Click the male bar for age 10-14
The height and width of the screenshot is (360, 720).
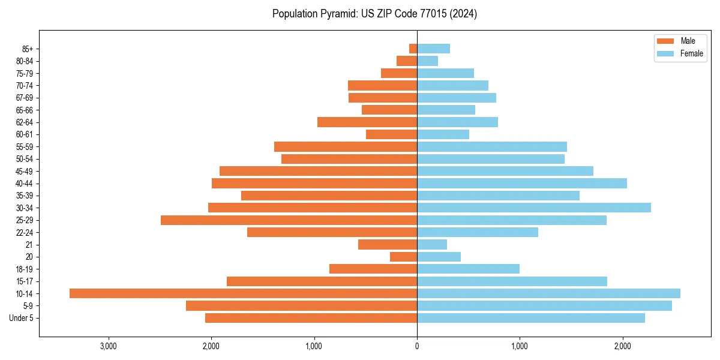click(243, 293)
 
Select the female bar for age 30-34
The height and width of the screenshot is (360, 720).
click(534, 208)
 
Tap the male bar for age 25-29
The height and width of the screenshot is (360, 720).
click(289, 220)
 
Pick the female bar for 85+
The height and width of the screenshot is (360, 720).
click(433, 49)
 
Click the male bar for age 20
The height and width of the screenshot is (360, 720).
click(403, 257)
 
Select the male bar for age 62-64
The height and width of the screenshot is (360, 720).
click(367, 122)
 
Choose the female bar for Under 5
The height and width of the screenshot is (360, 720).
click(531, 318)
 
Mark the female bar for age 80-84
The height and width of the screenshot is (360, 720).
click(427, 61)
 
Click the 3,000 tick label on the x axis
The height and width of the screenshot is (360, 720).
click(109, 346)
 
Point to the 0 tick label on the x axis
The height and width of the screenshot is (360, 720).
click(417, 346)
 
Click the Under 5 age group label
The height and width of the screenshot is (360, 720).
click(22, 318)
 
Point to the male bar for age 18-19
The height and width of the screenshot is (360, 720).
click(373, 269)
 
